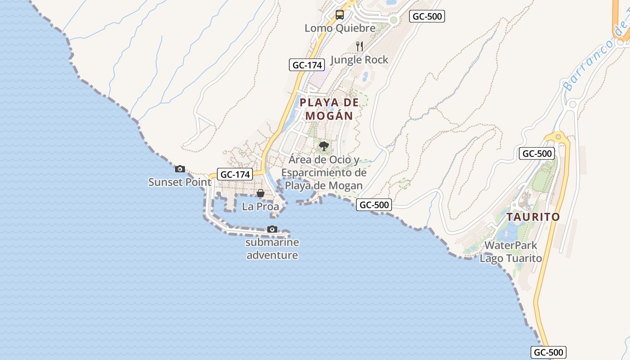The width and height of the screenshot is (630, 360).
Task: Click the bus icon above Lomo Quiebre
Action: (340, 15)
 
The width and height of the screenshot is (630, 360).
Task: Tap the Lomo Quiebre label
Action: (340, 28)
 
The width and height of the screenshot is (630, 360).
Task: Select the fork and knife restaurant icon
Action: (359, 46)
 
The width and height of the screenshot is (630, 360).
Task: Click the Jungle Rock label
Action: (359, 60)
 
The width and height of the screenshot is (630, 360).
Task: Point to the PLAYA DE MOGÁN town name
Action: (329, 109)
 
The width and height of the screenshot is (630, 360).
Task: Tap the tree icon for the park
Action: (324, 146)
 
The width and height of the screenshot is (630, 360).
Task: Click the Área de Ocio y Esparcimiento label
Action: (324, 172)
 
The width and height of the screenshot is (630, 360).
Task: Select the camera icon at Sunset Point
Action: (180, 169)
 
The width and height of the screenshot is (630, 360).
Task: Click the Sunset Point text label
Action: (180, 182)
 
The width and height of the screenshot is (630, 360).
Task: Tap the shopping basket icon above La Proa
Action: (261, 193)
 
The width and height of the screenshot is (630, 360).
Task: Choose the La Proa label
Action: (261, 207)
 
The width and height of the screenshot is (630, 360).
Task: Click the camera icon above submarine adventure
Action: (272, 229)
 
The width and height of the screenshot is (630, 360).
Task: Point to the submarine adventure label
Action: (272, 249)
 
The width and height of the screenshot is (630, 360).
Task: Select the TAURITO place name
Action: (533, 217)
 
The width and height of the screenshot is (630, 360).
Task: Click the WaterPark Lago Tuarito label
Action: (511, 252)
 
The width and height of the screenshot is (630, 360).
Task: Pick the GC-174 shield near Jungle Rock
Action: (307, 65)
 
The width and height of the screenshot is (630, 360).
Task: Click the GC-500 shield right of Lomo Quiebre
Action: (427, 17)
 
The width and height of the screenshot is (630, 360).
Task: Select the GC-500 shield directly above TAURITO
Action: (536, 153)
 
